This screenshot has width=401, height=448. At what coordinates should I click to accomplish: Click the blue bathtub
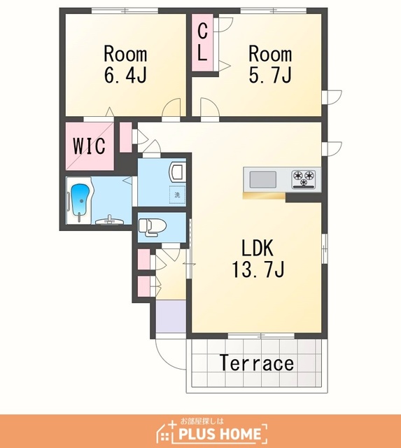(80, 201)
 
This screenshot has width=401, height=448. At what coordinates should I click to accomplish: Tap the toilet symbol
(152, 227)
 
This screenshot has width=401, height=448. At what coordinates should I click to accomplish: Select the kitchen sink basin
(262, 179)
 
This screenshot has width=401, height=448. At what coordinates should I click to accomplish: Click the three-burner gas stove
(303, 179)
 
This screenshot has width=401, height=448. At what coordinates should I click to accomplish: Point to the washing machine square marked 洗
(177, 195)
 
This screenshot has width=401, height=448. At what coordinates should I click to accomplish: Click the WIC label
(89, 146)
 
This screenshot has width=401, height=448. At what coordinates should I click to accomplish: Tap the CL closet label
(202, 42)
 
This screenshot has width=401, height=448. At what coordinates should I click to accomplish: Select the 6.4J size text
(125, 75)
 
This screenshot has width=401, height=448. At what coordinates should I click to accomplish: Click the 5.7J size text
(270, 75)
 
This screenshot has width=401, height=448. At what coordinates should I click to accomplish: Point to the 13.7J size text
(258, 269)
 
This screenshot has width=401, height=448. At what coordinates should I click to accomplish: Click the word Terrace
(257, 363)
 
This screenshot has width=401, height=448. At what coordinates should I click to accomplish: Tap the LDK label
(258, 248)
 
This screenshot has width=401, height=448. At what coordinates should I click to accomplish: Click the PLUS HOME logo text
(219, 434)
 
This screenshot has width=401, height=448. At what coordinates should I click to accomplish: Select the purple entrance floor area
(171, 316)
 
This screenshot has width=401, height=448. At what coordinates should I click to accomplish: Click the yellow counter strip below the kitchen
(265, 195)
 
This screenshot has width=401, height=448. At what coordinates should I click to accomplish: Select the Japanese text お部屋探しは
(202, 421)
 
